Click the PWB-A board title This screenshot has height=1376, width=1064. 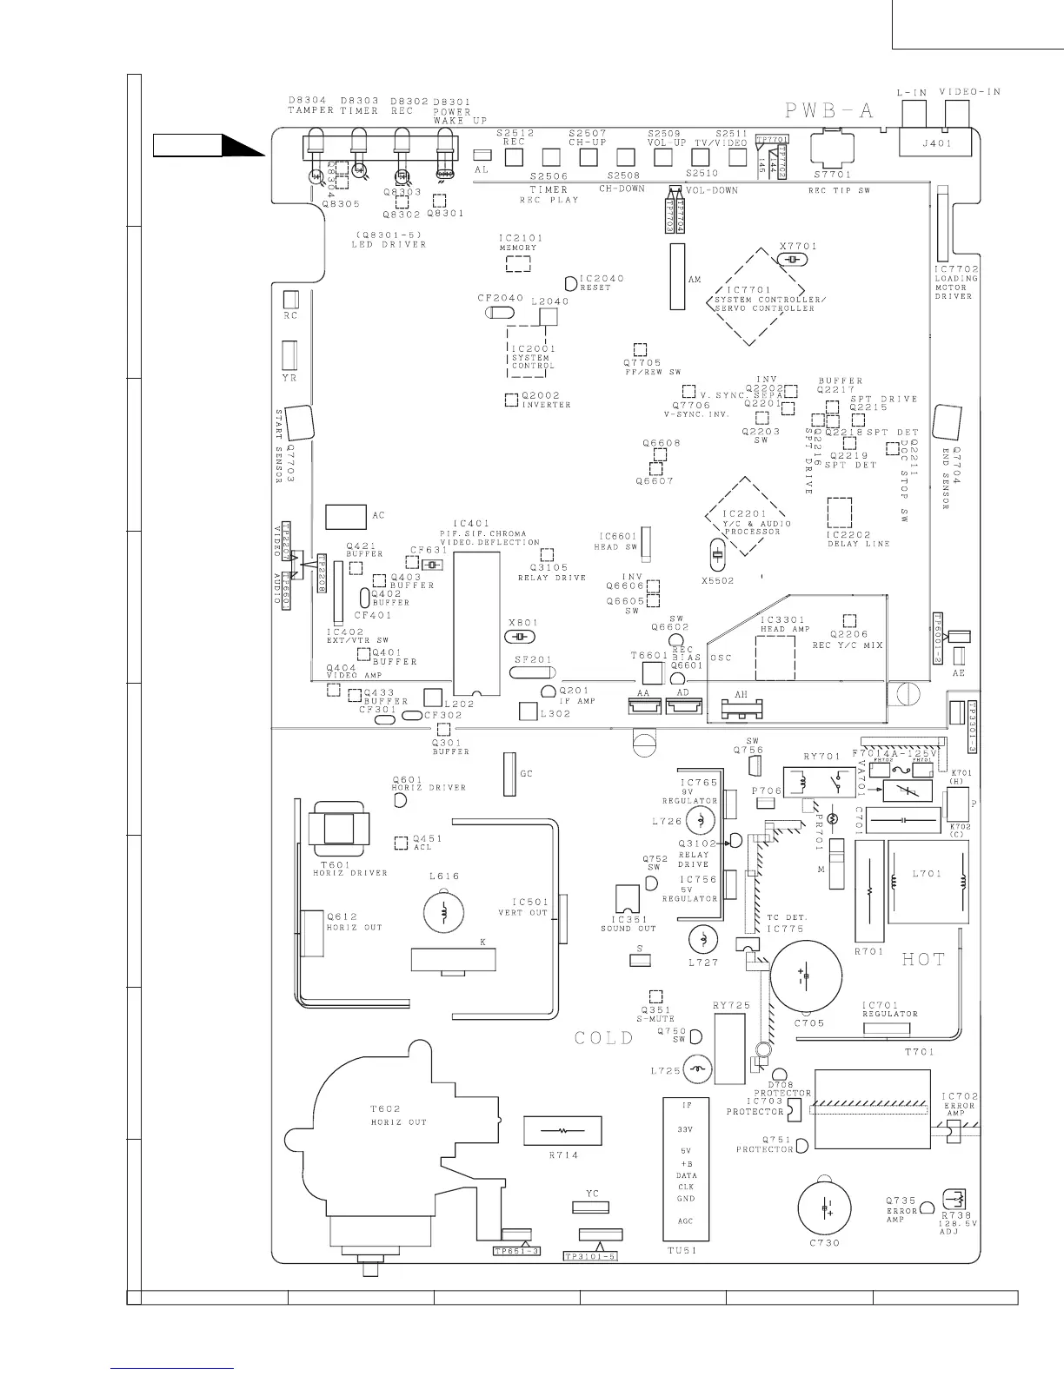pyautogui.click(x=828, y=110)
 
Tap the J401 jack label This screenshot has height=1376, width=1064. pyautogui.click(x=936, y=144)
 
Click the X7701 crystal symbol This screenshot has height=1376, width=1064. pyautogui.click(x=791, y=261)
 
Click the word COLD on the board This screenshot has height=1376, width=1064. pyautogui.click(x=604, y=1038)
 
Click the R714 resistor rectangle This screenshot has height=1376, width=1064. pyautogui.click(x=563, y=1131)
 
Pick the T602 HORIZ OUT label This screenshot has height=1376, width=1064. pyautogui.click(x=398, y=1115)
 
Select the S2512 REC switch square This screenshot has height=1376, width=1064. pyautogui.click(x=514, y=157)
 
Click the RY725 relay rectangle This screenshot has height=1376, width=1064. pyautogui.click(x=729, y=1048)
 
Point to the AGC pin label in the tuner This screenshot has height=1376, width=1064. pyautogui.click(x=685, y=1221)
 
